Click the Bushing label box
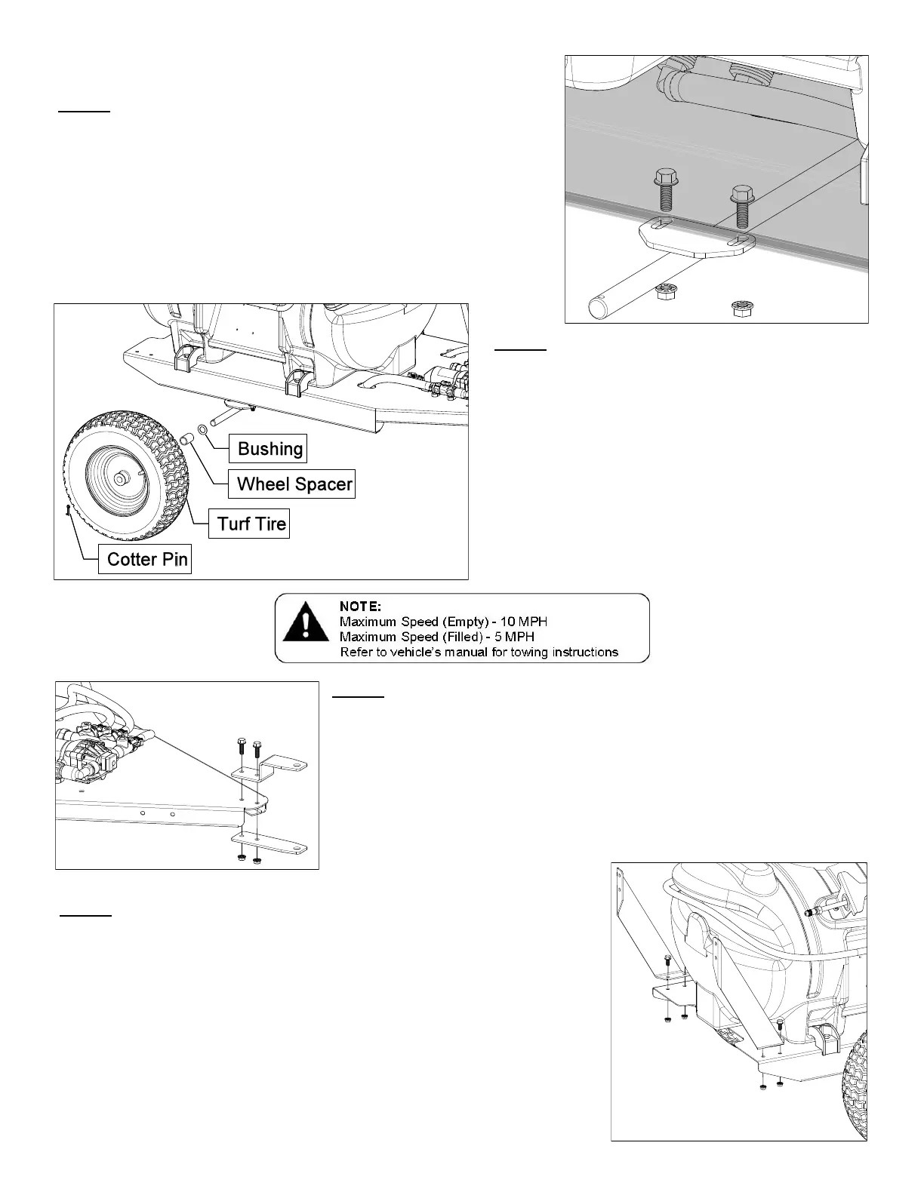(x=269, y=448)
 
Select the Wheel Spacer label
(x=294, y=484)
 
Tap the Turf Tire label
(x=251, y=524)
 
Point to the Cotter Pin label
(x=146, y=559)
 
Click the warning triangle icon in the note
(x=304, y=628)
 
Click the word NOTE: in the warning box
(x=361, y=606)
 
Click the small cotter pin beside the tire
(x=68, y=510)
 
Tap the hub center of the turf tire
(x=120, y=478)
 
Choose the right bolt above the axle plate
(x=741, y=204)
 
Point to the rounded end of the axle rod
(x=599, y=308)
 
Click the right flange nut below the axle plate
(x=743, y=308)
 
